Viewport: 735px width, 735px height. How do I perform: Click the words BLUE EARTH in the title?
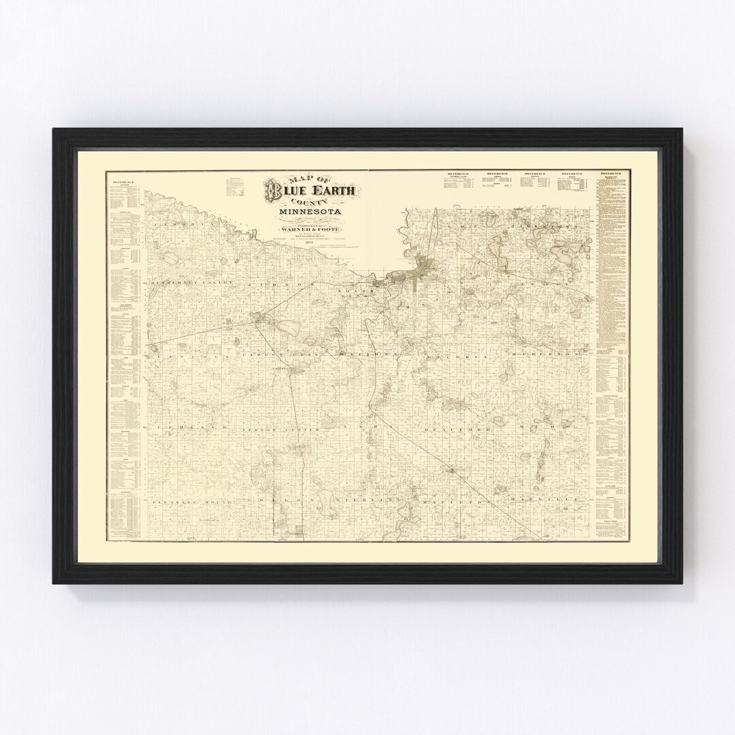(x=315, y=192)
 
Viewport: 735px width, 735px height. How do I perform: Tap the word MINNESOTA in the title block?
(x=310, y=217)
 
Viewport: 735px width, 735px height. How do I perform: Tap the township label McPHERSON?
(x=551, y=355)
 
